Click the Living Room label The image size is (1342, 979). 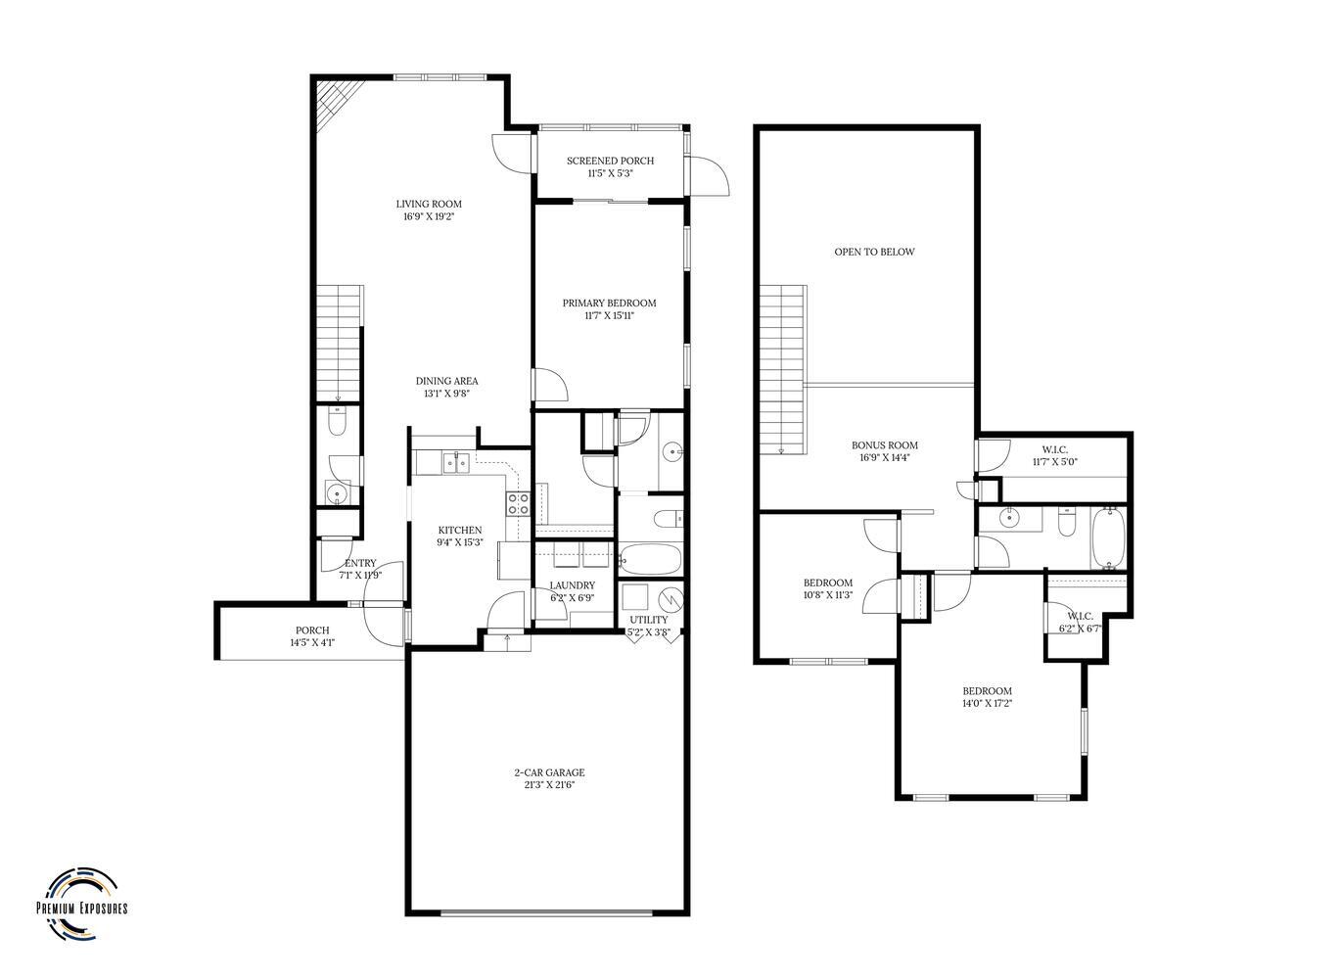[x=429, y=205]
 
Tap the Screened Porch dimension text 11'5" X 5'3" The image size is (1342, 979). [x=610, y=173]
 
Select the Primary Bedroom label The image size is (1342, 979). [x=609, y=303]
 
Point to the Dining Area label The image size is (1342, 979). [x=447, y=381]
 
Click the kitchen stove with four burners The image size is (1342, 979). [x=518, y=503]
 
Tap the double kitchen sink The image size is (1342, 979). [x=456, y=463]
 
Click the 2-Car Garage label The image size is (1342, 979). [x=549, y=772]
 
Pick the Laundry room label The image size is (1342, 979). [x=573, y=585]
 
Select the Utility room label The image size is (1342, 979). [x=648, y=620]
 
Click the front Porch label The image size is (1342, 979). [x=312, y=630]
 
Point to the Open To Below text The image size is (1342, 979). [x=875, y=252]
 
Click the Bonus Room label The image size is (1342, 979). [x=885, y=445]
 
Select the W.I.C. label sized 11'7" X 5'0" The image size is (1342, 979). [x=1055, y=449]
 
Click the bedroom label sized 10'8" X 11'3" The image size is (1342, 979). [x=828, y=583]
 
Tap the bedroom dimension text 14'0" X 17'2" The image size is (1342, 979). [x=988, y=703]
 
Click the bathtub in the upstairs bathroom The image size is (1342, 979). [x=1109, y=537]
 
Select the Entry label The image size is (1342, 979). [x=360, y=563]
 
